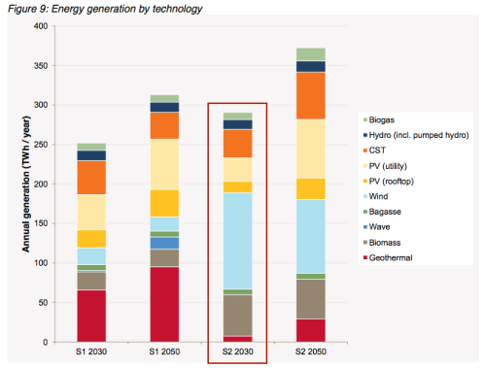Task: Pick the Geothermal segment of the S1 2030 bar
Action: coord(92,316)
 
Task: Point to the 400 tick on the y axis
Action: coord(40,26)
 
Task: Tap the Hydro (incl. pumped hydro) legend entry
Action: coord(418,132)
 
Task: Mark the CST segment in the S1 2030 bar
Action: coord(92,177)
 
